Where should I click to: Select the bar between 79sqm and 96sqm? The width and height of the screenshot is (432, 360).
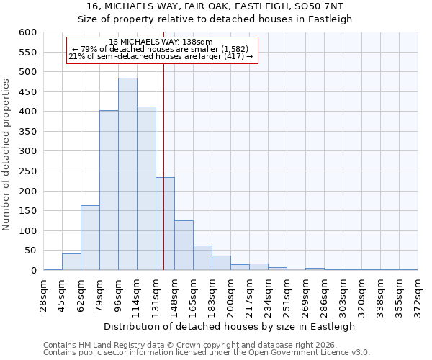(109, 190)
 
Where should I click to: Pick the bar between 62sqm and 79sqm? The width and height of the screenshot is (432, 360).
(90, 238)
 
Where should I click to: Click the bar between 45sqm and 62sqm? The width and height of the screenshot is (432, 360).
(71, 262)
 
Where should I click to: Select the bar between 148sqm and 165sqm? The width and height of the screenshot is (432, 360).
(184, 246)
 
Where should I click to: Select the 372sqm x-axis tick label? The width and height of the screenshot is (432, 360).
(418, 293)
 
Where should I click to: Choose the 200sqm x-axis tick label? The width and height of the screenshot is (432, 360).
(230, 293)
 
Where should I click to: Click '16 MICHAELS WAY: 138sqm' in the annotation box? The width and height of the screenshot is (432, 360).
(161, 42)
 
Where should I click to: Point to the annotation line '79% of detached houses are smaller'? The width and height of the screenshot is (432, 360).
(161, 49)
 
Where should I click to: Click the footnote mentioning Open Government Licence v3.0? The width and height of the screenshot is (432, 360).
(206, 353)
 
